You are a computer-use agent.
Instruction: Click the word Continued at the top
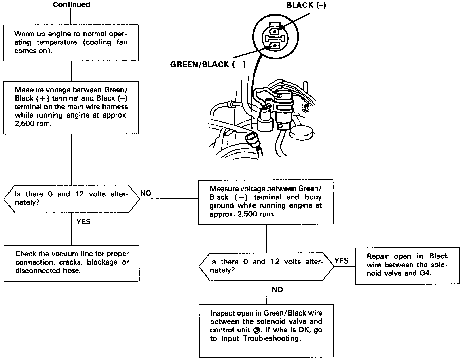coord(71,5)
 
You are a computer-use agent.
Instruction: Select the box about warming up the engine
coord(71,43)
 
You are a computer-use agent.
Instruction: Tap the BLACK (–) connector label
coord(306,5)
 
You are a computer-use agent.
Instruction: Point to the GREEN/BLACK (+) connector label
coord(208,65)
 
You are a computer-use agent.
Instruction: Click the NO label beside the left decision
coord(146,193)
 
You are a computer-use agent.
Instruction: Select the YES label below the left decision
coord(83,222)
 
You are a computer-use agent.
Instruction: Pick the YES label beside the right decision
coord(341,260)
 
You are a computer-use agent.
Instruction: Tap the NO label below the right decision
coord(277,290)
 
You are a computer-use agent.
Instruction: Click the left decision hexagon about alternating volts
coord(72,199)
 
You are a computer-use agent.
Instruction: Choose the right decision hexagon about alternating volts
coord(266,266)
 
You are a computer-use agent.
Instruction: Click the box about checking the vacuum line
coord(72,263)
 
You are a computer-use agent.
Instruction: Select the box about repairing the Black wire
coord(407,265)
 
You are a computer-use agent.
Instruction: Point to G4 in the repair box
coord(423,273)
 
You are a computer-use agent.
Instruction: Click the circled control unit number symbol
coord(257,330)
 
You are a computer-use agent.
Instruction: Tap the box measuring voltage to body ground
coord(266,202)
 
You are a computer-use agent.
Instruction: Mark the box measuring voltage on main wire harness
coord(71,107)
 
